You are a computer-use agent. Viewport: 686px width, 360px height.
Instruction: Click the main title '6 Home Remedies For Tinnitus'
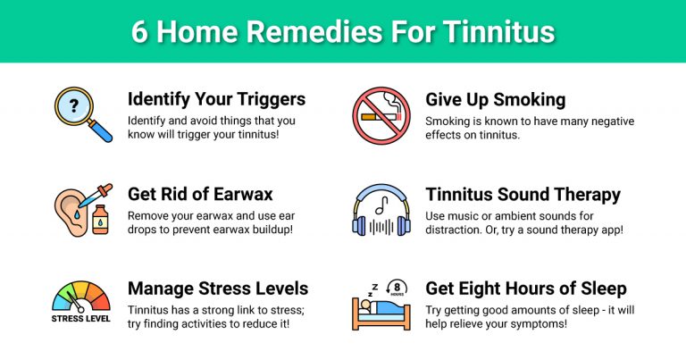coord(343,31)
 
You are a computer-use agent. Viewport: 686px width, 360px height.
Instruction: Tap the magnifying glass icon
coord(81,114)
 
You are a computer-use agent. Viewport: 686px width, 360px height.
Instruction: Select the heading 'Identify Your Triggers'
coord(216,99)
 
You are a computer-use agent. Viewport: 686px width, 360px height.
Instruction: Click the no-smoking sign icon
coord(381,114)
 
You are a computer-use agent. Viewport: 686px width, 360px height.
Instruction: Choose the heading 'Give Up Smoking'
coord(495,99)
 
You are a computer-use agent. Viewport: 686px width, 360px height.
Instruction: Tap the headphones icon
coord(381,211)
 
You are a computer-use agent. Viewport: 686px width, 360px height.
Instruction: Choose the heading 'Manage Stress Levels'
coord(218,289)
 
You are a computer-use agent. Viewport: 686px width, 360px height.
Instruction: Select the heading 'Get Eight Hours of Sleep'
coord(525,289)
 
